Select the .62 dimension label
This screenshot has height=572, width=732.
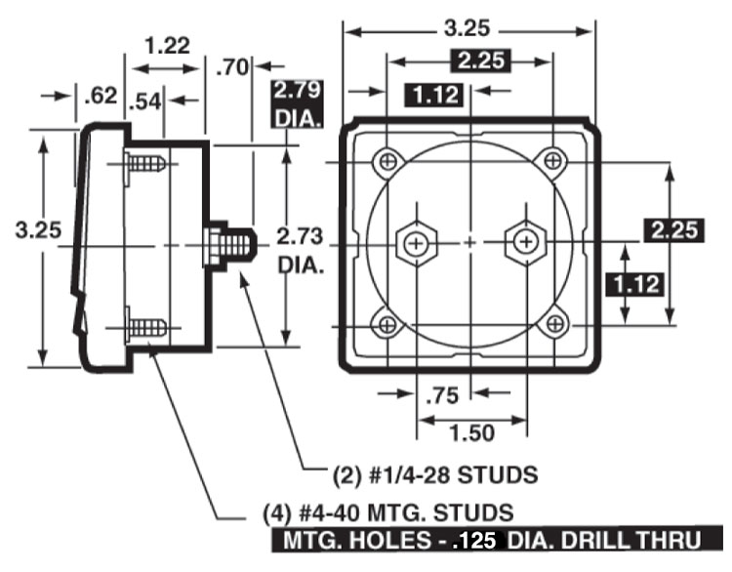[x=101, y=96]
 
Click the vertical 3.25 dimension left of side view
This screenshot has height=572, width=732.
[x=39, y=231]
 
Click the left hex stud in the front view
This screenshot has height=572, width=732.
[x=418, y=241]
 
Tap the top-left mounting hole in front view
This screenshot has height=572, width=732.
[x=389, y=159]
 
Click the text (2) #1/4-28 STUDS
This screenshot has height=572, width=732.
[x=435, y=475]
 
